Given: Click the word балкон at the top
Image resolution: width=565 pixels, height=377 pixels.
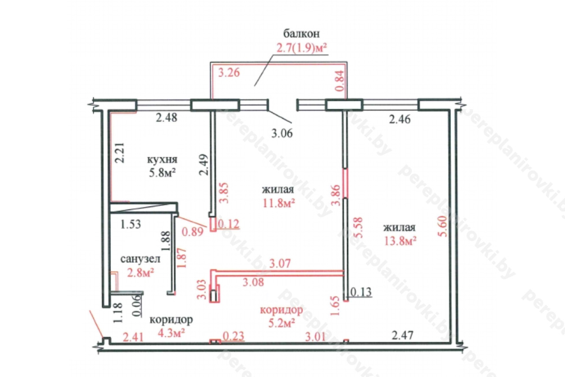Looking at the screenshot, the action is click(301, 34).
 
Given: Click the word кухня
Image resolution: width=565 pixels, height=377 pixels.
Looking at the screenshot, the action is click(162, 160).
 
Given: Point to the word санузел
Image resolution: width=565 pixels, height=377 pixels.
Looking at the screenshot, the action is click(140, 259).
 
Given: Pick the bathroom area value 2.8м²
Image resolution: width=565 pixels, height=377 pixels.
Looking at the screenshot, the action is click(140, 273).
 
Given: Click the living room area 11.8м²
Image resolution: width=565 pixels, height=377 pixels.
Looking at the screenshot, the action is click(279, 203).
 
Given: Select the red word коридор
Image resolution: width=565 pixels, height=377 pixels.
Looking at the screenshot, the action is click(282, 309).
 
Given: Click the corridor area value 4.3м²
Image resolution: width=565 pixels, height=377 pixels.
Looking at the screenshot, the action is click(171, 333).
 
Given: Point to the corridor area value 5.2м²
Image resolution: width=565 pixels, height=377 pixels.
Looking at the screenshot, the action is click(282, 323).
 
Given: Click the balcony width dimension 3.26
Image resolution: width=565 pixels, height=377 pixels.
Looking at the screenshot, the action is click(229, 73).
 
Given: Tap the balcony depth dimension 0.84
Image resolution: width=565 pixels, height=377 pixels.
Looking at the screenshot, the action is click(339, 80).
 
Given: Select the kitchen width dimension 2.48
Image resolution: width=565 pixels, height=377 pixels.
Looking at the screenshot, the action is click(166, 118).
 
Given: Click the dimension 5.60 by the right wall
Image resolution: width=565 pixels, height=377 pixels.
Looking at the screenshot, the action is click(443, 226).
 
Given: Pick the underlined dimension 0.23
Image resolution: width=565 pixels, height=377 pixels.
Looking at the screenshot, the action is click(234, 336).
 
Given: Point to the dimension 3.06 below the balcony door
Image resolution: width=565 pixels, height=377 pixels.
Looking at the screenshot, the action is click(282, 133).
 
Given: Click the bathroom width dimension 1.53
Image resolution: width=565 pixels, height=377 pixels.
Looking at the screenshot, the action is click(130, 224).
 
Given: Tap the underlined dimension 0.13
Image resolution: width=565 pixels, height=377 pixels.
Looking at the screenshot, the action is click(361, 292).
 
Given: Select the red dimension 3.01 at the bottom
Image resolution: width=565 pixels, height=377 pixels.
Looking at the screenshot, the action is click(316, 337).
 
